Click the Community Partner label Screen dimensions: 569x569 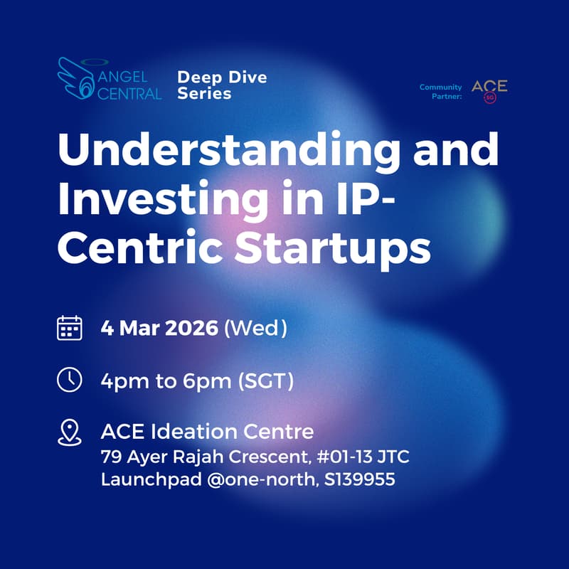tap(440, 92)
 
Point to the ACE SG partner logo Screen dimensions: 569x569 tap(489, 90)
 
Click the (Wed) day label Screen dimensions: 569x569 tap(255, 329)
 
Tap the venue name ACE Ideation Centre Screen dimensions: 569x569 tap(207, 432)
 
